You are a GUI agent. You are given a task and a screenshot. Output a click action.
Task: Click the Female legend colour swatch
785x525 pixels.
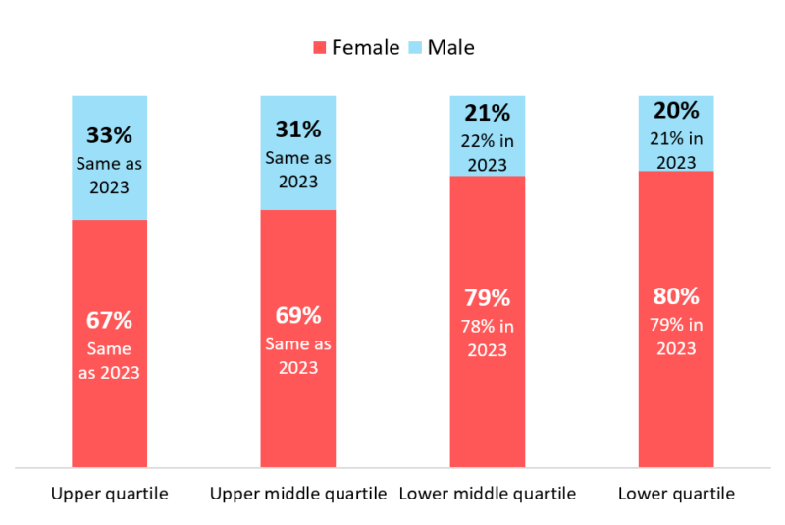click(x=319, y=47)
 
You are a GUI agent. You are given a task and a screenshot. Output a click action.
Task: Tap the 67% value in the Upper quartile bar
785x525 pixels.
click(x=109, y=321)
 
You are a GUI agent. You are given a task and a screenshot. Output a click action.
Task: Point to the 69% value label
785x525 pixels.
click(x=298, y=316)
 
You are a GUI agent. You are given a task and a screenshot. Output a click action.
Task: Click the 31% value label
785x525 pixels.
click(x=298, y=130)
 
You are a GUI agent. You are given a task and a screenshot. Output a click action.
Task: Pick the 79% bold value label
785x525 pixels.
click(x=488, y=298)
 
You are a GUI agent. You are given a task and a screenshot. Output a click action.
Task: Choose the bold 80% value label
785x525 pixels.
click(x=676, y=296)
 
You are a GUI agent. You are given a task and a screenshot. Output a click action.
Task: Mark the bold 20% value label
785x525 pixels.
click(x=676, y=110)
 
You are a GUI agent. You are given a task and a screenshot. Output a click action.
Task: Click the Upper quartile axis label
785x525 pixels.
click(x=109, y=494)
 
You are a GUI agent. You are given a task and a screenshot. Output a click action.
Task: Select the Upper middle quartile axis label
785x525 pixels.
click(x=298, y=494)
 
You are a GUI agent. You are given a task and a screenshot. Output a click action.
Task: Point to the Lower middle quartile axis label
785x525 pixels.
click(x=488, y=494)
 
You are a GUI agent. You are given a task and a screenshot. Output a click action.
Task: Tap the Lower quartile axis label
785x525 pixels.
click(x=676, y=494)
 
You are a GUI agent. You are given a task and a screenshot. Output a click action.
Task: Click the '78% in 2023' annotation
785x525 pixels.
click(x=488, y=338)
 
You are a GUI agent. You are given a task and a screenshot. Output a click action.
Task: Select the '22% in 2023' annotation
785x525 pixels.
click(x=488, y=152)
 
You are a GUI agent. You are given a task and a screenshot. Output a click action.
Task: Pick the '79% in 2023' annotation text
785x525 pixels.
click(x=676, y=336)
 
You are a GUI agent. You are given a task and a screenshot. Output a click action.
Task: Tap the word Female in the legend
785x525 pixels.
click(x=365, y=47)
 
